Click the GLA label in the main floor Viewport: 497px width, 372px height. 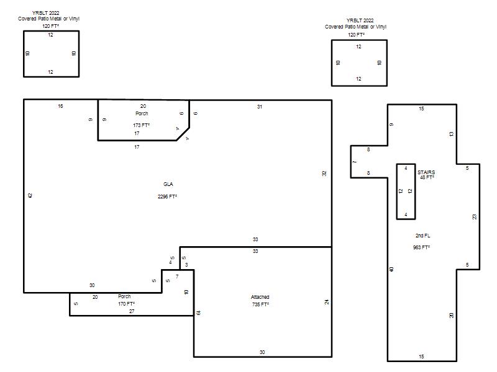(x=168, y=184)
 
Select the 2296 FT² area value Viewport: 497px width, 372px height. (x=167, y=197)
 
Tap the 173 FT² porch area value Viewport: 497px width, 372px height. (x=141, y=125)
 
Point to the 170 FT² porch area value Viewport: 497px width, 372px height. (x=126, y=304)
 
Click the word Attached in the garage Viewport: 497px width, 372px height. (x=260, y=297)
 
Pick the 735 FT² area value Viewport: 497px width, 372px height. (x=260, y=304)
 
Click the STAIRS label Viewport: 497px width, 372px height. (x=426, y=172)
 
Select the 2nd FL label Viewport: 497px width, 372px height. (x=423, y=236)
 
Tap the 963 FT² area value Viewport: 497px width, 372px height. (x=421, y=247)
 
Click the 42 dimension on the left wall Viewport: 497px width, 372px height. (x=30, y=195)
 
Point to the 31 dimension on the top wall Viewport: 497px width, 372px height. (x=260, y=107)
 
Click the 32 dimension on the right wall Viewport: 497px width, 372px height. (x=324, y=174)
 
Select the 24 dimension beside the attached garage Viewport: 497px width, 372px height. (x=327, y=302)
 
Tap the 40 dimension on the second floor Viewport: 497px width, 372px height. (x=391, y=269)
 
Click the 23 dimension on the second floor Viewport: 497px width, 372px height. (x=475, y=216)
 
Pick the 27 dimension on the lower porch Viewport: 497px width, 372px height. (x=132, y=311)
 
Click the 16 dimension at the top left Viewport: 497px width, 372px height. (x=60, y=106)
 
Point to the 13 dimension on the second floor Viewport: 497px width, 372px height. (x=452, y=134)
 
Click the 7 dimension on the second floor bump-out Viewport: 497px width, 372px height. (x=355, y=162)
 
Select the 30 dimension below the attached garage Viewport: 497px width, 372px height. (x=262, y=352)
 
